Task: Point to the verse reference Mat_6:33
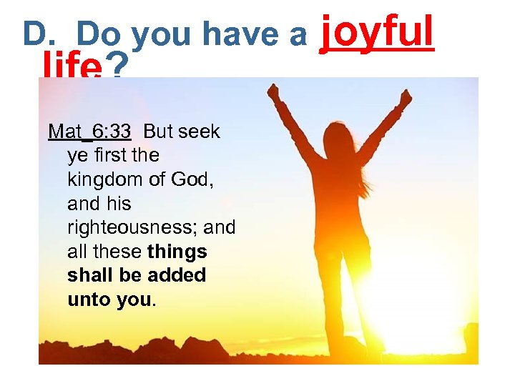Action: click(x=89, y=132)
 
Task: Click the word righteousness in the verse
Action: click(x=133, y=228)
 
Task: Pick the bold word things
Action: click(x=178, y=252)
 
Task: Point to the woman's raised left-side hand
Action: click(x=273, y=91)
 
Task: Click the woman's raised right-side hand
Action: click(x=406, y=96)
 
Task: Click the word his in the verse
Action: click(x=118, y=204)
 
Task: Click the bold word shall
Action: click(x=91, y=275)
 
